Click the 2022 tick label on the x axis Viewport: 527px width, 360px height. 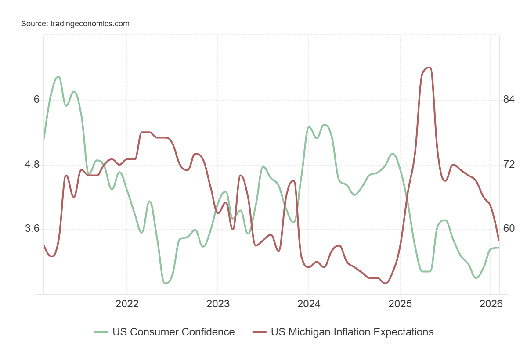pos(126,304)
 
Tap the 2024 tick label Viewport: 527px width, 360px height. pos(308,304)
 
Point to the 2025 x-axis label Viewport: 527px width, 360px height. pos(400,304)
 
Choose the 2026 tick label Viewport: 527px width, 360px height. pos(490,304)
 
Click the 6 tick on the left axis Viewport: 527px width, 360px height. pos(37,100)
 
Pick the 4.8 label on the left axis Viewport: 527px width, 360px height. pos(33,165)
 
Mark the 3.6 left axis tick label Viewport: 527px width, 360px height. pos(33,229)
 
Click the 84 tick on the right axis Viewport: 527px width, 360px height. pos(509,100)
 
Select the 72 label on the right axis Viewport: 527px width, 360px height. pos(509,165)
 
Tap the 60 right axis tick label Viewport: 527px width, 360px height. pos(509,229)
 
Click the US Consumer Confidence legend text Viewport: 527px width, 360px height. pos(173,332)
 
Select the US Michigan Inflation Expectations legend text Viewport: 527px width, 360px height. pos(352,332)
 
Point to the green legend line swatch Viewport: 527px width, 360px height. pos(101,332)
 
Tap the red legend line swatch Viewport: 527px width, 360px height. pos(260,332)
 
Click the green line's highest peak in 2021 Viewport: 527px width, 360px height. pos(58,77)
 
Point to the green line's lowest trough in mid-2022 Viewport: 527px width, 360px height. pos(165,283)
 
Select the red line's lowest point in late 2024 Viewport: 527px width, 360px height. pos(386,283)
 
